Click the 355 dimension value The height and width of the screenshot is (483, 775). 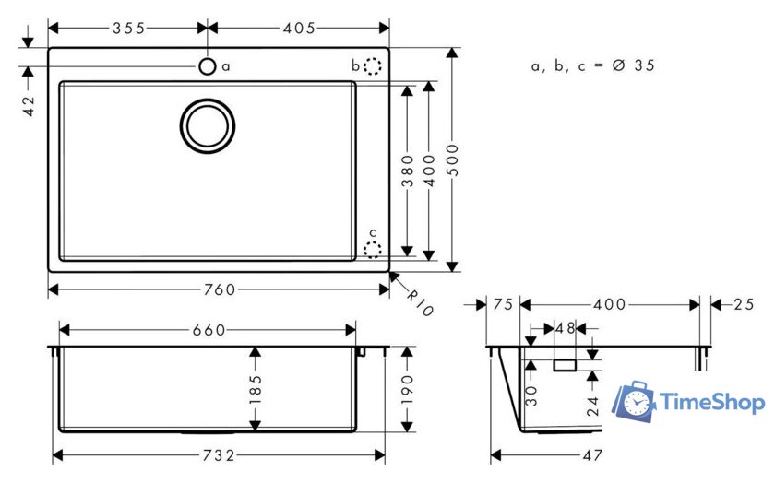point(128,28)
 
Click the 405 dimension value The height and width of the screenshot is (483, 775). point(299,28)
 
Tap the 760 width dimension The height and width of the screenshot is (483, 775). point(219,289)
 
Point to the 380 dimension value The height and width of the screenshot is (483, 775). point(407,170)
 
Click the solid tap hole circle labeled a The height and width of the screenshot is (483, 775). point(208,66)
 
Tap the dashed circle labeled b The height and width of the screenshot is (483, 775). point(372,66)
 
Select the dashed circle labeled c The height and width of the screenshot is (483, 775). point(372,249)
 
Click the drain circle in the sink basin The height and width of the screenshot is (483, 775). point(207,124)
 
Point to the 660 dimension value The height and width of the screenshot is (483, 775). point(209,330)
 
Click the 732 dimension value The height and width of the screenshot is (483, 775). point(219,454)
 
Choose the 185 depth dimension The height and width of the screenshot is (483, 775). point(256,390)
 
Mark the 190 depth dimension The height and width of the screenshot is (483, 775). point(407,389)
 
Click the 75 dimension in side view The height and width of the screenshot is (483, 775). point(503,304)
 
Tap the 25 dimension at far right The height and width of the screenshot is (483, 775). point(745,304)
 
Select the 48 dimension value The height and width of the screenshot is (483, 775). point(564,328)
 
